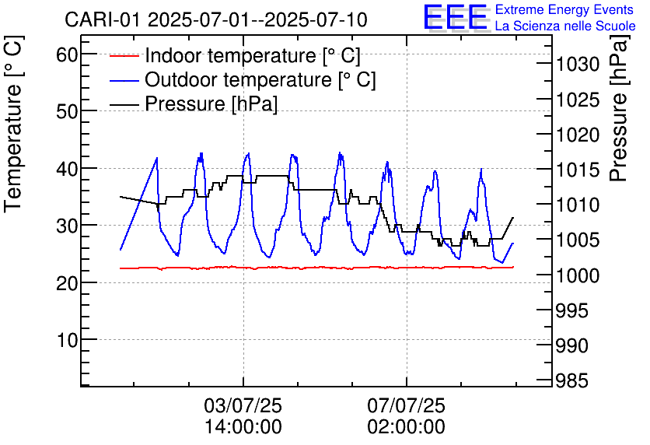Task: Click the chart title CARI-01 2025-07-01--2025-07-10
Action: point(216,19)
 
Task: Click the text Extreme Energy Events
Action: point(564,10)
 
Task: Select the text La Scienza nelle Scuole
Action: point(565,26)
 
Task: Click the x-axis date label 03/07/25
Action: point(243,405)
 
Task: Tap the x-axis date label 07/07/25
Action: point(407,405)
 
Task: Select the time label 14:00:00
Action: point(243,427)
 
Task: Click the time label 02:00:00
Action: point(407,427)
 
